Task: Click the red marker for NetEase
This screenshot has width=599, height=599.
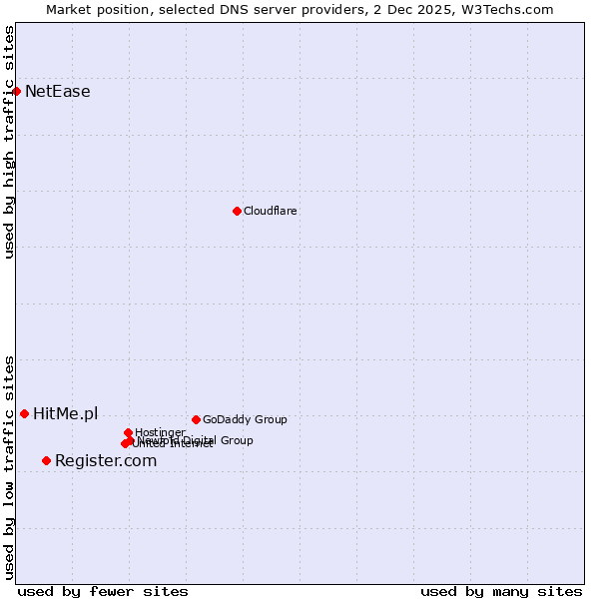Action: (16, 92)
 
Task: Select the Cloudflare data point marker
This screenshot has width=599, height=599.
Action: (237, 211)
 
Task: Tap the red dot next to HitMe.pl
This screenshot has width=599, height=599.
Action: (24, 413)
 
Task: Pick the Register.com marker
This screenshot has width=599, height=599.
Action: (46, 460)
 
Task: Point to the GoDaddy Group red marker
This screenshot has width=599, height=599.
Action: (196, 419)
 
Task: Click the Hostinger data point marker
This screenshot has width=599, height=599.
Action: (128, 432)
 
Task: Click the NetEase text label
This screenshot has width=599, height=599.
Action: (58, 92)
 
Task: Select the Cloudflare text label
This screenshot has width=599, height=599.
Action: (271, 211)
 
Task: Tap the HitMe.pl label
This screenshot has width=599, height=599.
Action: (66, 413)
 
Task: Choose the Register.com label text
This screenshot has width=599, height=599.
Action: (106, 460)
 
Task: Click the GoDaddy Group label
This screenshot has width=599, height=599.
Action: (245, 419)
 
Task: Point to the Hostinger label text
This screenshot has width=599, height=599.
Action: (160, 432)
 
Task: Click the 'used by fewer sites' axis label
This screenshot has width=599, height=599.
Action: (103, 591)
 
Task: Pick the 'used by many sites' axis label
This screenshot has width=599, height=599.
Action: (501, 591)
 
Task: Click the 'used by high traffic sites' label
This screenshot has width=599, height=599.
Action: (10, 142)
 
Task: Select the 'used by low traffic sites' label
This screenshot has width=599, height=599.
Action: (10, 466)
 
